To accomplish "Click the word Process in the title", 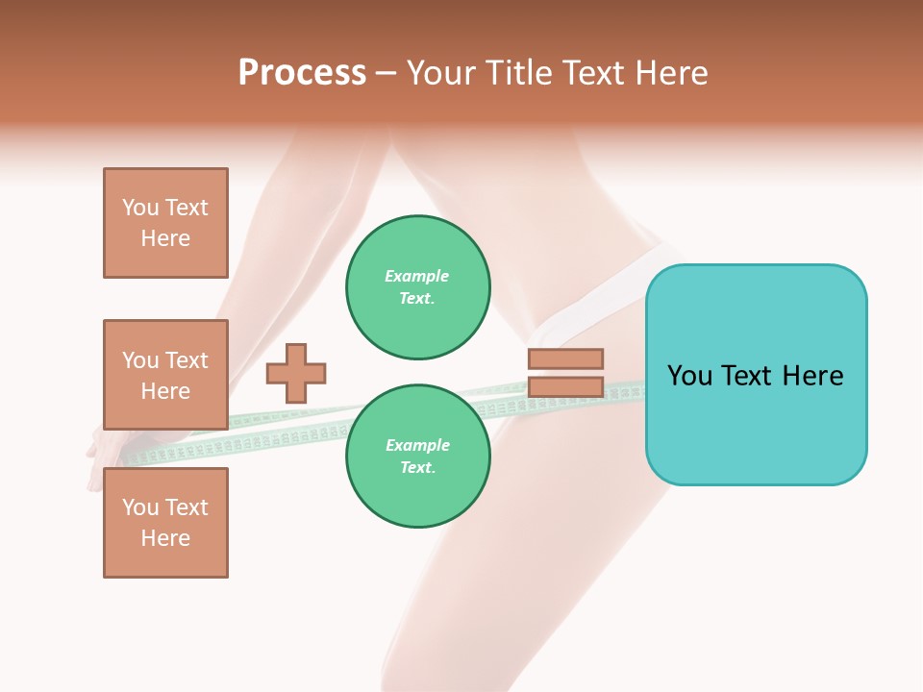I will pos(302,73).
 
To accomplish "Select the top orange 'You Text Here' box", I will pos(165,223).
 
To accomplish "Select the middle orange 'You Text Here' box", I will pos(165,375).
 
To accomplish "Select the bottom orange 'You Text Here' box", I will pos(165,522).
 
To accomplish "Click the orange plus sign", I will pos(296,373).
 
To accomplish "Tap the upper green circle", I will pos(417,287).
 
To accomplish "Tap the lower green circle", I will pos(417,457).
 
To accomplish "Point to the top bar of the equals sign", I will pos(565,359).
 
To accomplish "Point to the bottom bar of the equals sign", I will pos(565,387).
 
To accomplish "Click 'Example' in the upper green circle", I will pos(416,276).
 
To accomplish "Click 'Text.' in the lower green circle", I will pos(417,468).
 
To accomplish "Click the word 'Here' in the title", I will pos(669,73).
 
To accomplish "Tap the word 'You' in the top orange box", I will pos(140,208).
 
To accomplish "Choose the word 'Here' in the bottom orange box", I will pos(165,538).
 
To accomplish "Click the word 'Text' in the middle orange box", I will pos(187,360).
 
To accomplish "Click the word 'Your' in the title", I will pos(441,73).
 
